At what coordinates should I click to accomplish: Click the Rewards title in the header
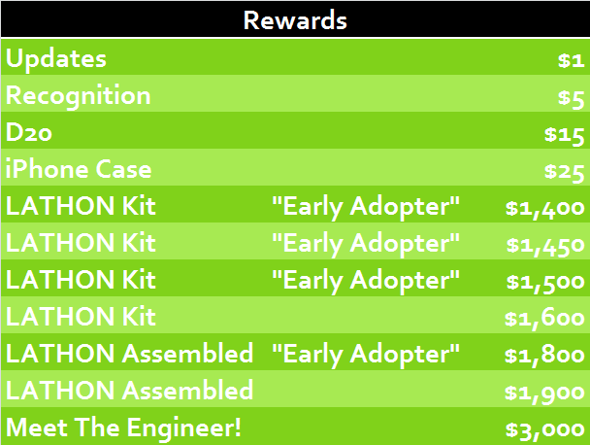pyautogui.click(x=295, y=20)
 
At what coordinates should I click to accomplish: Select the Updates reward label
pyautogui.click(x=56, y=59)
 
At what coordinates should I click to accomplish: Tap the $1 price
pyautogui.click(x=571, y=60)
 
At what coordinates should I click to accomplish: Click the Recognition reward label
pyautogui.click(x=79, y=96)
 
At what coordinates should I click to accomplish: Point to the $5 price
pyautogui.click(x=571, y=98)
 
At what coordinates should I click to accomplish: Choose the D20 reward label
pyautogui.click(x=29, y=133)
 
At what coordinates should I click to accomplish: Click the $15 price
pyautogui.click(x=564, y=135)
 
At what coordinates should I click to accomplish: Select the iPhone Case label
pyautogui.click(x=79, y=169)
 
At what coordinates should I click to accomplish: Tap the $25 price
pyautogui.click(x=564, y=172)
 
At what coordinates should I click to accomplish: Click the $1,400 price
pyautogui.click(x=544, y=209)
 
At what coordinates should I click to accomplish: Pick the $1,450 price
pyautogui.click(x=545, y=246)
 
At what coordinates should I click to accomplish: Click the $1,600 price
pyautogui.click(x=544, y=319)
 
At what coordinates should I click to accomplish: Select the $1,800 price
pyautogui.click(x=544, y=356)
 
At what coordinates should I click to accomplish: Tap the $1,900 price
pyautogui.click(x=544, y=393)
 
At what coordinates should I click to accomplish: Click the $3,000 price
pyautogui.click(x=544, y=429)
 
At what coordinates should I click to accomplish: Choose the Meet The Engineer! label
pyautogui.click(x=123, y=428)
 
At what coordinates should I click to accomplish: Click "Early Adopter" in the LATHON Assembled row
pyautogui.click(x=366, y=355)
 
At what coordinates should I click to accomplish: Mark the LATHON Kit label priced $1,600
pyautogui.click(x=81, y=317)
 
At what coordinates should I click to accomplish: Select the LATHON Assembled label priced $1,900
pyautogui.click(x=129, y=391)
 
